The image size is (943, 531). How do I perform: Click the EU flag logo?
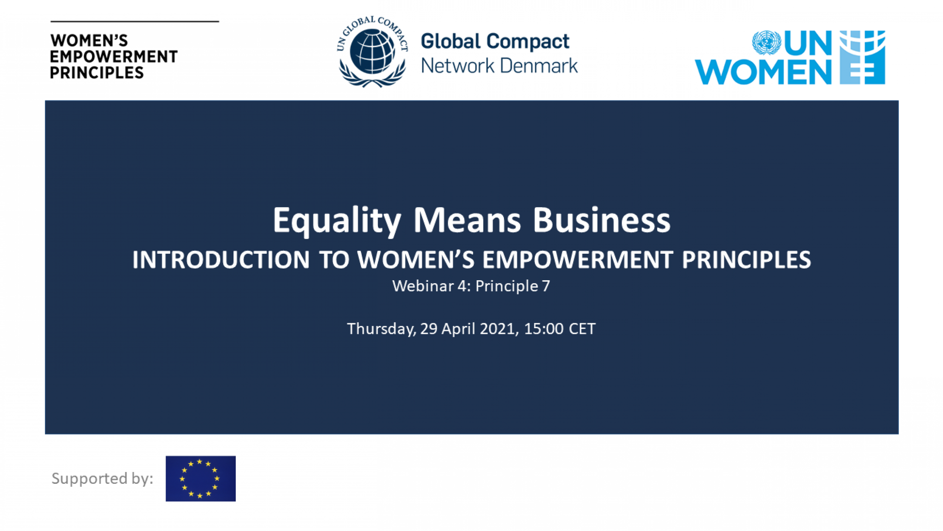201,479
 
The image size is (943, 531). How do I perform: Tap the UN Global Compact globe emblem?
372,52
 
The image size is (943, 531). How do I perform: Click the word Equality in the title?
337,221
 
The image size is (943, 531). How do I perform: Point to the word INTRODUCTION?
221,260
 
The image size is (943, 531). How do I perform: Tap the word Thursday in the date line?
381,329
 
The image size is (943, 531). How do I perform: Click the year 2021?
499,329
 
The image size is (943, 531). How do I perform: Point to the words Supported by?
102,479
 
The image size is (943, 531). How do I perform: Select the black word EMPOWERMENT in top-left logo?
114,57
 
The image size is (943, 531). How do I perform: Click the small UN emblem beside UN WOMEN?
766,43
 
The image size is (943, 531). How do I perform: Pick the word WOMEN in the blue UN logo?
763,72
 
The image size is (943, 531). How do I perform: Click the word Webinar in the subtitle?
423,286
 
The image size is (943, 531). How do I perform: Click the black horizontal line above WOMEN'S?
135,22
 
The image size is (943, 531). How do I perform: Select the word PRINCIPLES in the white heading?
746,260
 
